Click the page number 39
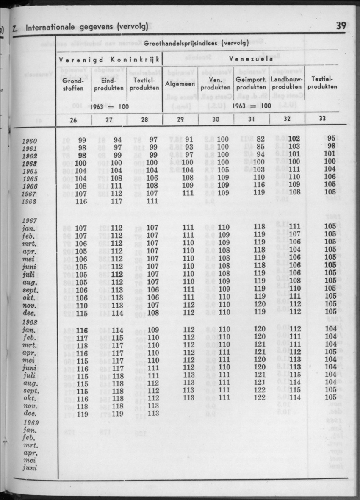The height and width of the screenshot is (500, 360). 341,25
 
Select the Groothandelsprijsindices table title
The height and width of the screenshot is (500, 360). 195,43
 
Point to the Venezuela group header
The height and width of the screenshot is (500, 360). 251,59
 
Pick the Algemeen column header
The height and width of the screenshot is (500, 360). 180,84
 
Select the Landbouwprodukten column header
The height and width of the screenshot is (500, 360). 287,83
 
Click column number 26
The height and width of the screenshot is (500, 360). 73,119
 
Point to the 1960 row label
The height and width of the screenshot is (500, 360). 30,142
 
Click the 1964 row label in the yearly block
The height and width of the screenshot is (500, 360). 30,172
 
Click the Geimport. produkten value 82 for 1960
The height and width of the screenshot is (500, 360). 260,139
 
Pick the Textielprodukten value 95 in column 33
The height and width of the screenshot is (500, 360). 331,138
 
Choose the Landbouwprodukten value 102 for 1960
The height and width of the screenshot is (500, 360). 294,139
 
